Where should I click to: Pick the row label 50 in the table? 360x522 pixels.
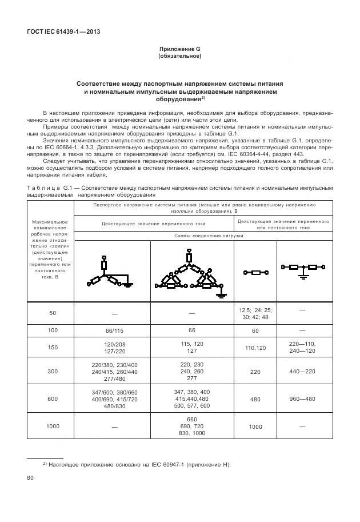(53, 313)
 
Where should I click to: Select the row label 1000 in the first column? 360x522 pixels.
(53, 427)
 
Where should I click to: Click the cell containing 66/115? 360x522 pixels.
(114, 330)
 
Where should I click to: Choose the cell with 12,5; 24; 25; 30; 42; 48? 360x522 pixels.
(256, 313)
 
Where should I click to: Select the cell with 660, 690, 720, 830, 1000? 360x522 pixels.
(191, 426)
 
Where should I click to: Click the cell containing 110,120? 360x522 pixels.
(256, 348)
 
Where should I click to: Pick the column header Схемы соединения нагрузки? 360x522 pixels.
(209, 236)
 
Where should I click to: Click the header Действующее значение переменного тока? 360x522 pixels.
(153, 223)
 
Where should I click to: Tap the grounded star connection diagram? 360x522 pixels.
(110, 273)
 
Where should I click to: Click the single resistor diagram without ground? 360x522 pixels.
(256, 272)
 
